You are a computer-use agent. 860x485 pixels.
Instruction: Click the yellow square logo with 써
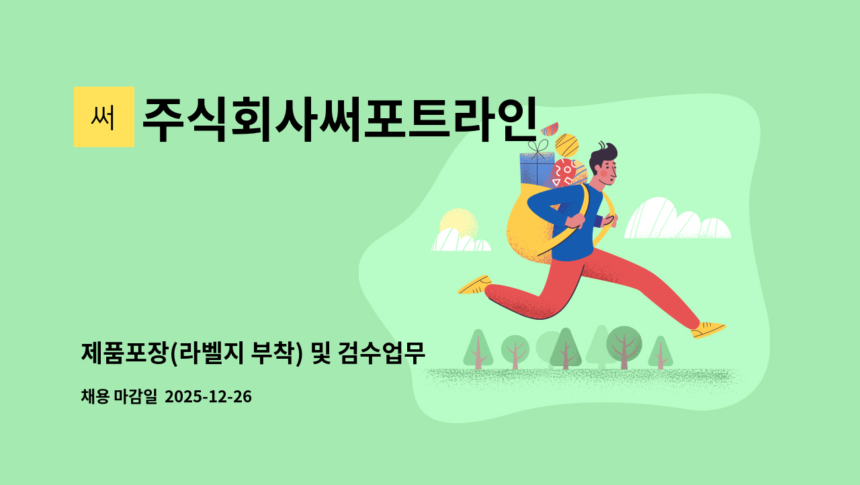pyautogui.click(x=103, y=117)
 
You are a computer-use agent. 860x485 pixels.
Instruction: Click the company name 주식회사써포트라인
pyautogui.click(x=339, y=120)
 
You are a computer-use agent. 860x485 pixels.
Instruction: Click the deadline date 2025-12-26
pyautogui.click(x=208, y=397)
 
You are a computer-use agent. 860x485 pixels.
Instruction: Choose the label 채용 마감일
pyautogui.click(x=119, y=397)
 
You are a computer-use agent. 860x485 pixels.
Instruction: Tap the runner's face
pyautogui.click(x=605, y=171)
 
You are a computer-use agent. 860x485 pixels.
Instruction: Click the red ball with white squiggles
pyautogui.click(x=563, y=173)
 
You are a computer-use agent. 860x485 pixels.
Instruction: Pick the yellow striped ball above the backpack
pyautogui.click(x=567, y=145)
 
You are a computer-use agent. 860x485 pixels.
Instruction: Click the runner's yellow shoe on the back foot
pyautogui.click(x=475, y=285)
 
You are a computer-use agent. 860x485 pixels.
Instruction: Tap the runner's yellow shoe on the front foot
pyautogui.click(x=708, y=329)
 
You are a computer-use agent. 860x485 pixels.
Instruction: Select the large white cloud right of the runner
pyautogui.click(x=675, y=220)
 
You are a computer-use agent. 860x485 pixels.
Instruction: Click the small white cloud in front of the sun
pyautogui.click(x=460, y=241)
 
